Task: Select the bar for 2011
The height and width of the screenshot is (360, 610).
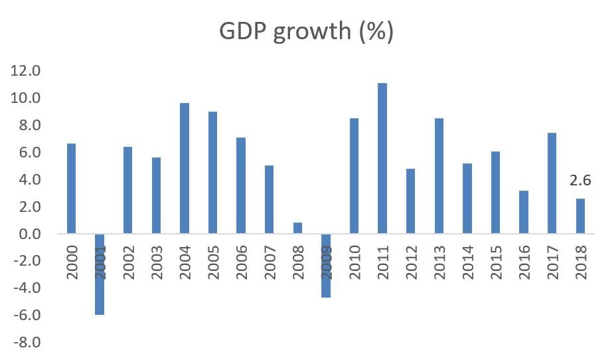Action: pos(382,159)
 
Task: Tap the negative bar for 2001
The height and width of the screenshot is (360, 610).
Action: pos(100,274)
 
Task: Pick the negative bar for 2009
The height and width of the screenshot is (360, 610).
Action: pos(326,266)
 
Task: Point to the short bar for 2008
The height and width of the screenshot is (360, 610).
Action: pos(297,228)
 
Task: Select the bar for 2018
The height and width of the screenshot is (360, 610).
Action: pos(580,217)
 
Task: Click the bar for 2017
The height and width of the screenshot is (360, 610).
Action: pos(552,184)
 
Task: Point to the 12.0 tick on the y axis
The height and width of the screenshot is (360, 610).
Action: pos(26,71)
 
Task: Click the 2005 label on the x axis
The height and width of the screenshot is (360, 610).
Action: pos(213,261)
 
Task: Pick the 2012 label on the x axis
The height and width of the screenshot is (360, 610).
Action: pos(411,261)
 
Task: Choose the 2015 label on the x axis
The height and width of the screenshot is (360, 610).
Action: pos(495,261)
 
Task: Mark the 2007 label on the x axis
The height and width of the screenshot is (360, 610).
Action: pos(269,261)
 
